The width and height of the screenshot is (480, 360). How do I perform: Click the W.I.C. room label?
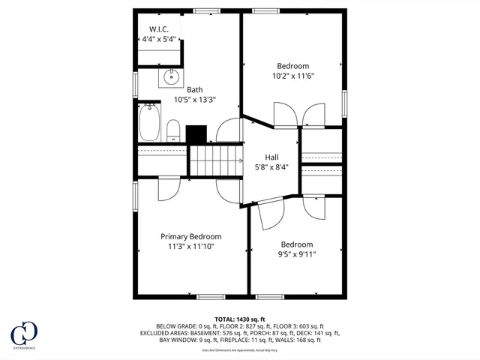(160, 28)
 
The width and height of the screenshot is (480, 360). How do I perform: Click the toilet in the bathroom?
(172, 129)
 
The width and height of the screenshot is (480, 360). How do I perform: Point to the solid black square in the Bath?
(196, 133)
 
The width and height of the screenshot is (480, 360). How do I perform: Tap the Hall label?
(271, 157)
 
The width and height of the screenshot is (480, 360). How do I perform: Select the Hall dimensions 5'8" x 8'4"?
(271, 168)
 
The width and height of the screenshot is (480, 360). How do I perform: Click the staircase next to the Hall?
(215, 161)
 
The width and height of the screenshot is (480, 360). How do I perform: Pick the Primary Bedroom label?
(190, 236)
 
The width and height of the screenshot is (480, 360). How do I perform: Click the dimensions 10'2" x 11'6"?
(293, 76)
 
